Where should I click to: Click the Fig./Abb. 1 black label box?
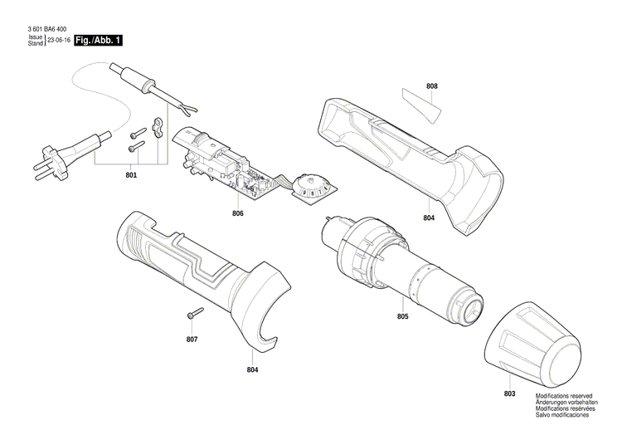click(98, 40)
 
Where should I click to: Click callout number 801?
click(132, 175)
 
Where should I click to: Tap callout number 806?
click(237, 213)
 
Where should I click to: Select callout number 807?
click(192, 340)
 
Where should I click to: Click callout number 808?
click(431, 86)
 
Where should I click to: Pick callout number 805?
click(402, 316)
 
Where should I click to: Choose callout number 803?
click(509, 393)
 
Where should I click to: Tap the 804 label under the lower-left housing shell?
click(252, 369)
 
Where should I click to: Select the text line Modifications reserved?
click(564, 397)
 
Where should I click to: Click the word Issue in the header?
click(35, 37)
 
